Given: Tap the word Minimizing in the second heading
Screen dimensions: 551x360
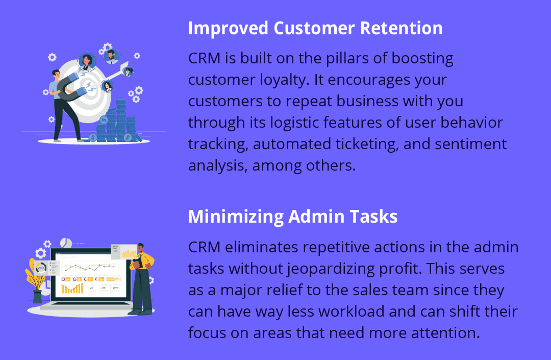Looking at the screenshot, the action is click(236, 217).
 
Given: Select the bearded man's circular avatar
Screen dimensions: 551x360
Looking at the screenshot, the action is click(111, 56).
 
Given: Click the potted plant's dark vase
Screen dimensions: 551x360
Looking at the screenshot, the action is click(37, 296).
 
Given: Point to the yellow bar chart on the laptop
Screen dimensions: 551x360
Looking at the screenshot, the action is click(72, 289).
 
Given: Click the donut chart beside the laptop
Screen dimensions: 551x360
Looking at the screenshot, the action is click(41, 268).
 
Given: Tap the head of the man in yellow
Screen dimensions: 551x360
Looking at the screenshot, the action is click(141, 248).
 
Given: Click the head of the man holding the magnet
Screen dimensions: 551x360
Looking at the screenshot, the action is click(56, 74).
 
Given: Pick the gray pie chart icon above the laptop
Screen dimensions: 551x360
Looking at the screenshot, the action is click(66, 243).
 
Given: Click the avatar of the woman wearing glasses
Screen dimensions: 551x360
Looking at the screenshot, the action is click(128, 71).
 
